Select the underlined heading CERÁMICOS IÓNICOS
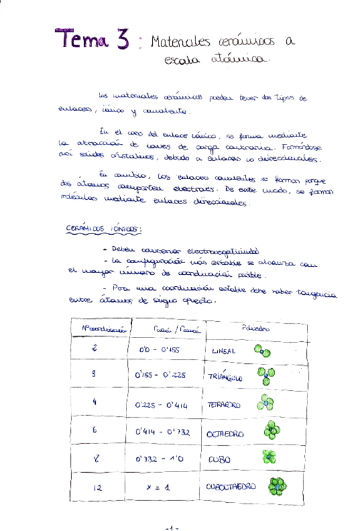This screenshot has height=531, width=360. [x=103, y=230]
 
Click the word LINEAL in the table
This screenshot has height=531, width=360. [x=224, y=351]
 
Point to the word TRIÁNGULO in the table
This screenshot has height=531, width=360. [x=224, y=377]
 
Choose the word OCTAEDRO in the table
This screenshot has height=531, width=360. [x=226, y=433]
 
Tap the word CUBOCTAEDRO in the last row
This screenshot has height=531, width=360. [x=231, y=485]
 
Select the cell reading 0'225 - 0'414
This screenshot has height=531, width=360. [x=161, y=405]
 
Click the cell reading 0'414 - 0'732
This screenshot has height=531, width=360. [x=162, y=432]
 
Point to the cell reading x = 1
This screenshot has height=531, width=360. [x=158, y=486]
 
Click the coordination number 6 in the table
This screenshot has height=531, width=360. [x=94, y=431]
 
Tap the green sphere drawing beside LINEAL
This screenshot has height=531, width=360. [x=262, y=351]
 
